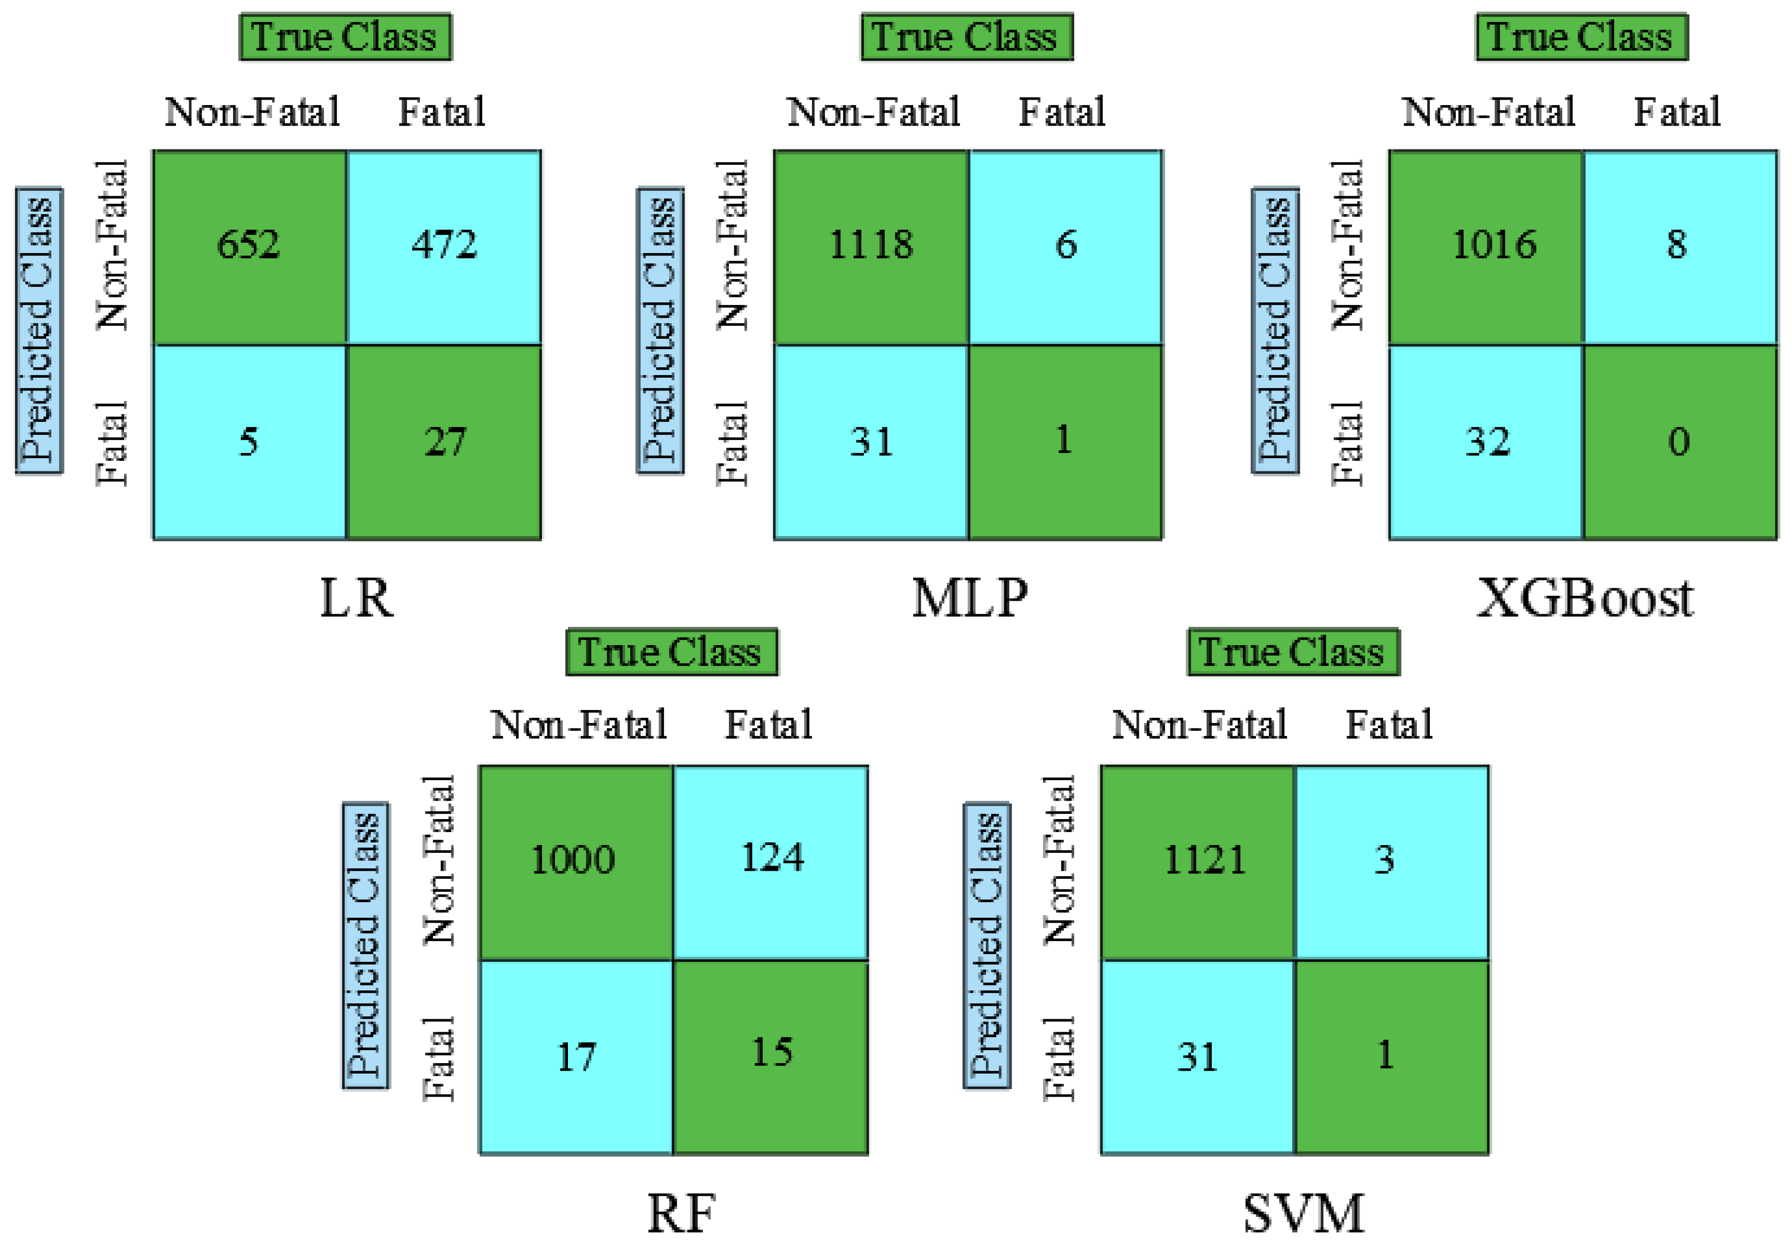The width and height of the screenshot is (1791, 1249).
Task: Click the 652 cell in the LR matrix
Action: (x=249, y=247)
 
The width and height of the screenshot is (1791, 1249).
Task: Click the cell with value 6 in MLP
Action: (x=1066, y=247)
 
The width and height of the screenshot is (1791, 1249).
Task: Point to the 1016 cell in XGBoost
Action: (x=1486, y=247)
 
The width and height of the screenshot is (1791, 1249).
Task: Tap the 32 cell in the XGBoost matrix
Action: (x=1486, y=441)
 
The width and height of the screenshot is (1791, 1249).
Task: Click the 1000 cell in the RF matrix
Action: (x=575, y=861)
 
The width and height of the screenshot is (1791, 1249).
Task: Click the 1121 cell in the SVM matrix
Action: (x=1197, y=861)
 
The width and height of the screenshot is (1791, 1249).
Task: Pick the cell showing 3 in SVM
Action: (x=1391, y=861)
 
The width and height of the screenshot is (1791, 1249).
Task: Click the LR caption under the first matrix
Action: (x=357, y=599)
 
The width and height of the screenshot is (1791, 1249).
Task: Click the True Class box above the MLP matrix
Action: (x=966, y=37)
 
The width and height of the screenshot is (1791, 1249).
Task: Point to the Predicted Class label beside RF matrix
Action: (x=366, y=945)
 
